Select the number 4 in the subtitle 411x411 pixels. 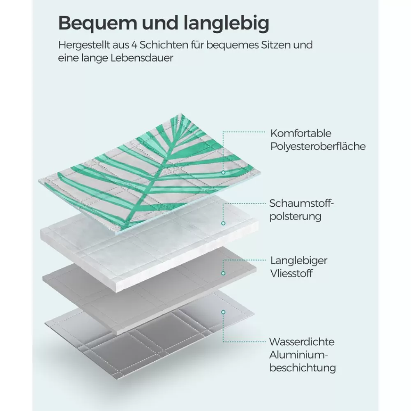(x=134, y=45)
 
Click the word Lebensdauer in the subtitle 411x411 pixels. (x=142, y=58)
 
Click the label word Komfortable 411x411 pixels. (x=301, y=134)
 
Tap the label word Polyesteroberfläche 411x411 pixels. (x=318, y=147)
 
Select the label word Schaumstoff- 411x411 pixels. (x=301, y=203)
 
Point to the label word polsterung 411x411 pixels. (x=296, y=217)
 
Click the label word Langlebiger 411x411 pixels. (x=299, y=261)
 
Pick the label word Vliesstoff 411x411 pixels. (x=291, y=274)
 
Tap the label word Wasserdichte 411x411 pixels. (x=302, y=342)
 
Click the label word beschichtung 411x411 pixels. (x=303, y=368)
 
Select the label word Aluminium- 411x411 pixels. (x=299, y=355)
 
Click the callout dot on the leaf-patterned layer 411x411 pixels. (x=223, y=173)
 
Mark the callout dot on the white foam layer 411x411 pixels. (x=223, y=223)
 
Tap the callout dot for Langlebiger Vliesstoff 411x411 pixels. (x=223, y=273)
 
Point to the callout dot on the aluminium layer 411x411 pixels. (x=223, y=312)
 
